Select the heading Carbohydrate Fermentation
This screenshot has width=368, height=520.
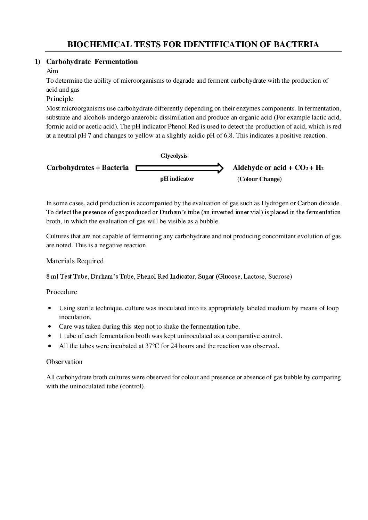(x=92, y=62)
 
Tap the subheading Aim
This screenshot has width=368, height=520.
(x=52, y=71)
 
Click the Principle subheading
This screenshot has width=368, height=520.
(x=60, y=99)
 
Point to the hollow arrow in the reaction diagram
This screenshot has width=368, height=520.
(x=179, y=168)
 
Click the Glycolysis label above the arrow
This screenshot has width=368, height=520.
(x=174, y=156)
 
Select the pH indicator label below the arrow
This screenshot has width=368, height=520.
(x=177, y=179)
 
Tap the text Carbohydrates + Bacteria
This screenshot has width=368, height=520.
(x=88, y=168)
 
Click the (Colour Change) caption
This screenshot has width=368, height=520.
(x=259, y=179)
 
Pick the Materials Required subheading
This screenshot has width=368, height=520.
(x=75, y=261)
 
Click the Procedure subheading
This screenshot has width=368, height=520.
(x=62, y=292)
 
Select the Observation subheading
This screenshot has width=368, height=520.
(x=64, y=362)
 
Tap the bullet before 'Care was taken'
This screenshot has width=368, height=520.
(x=51, y=327)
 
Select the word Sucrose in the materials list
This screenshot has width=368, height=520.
(x=280, y=277)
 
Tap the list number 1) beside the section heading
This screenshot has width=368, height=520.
(x=38, y=62)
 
